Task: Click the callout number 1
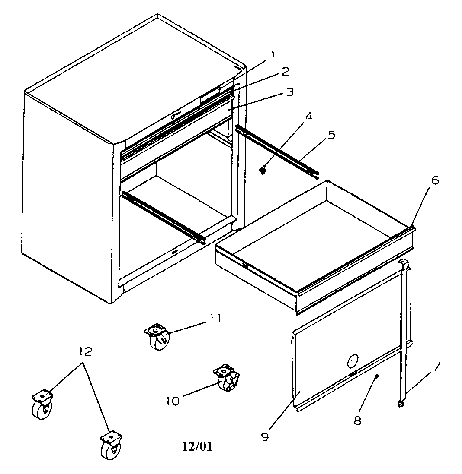click(273, 55)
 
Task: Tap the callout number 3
click(289, 92)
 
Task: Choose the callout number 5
click(331, 135)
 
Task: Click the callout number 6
click(435, 180)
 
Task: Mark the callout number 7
click(437, 367)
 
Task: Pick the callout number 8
click(357, 420)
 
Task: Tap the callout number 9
click(265, 436)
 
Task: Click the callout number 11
click(215, 319)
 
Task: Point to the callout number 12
click(86, 352)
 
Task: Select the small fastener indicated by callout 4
click(263, 171)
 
